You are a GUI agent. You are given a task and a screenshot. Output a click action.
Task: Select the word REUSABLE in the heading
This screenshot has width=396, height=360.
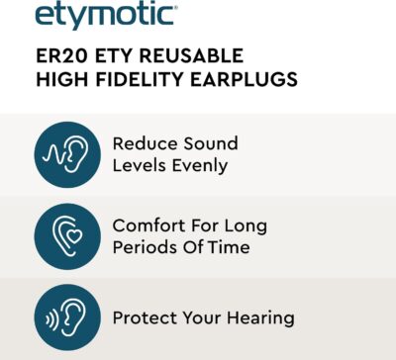click(x=196, y=55)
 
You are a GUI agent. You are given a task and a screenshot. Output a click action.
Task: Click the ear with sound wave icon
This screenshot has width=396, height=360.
click(x=67, y=153)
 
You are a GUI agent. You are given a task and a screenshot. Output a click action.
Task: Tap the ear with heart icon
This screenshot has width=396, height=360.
click(x=67, y=236)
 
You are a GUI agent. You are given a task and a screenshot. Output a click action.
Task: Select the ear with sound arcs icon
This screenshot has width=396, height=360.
click(x=67, y=318)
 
